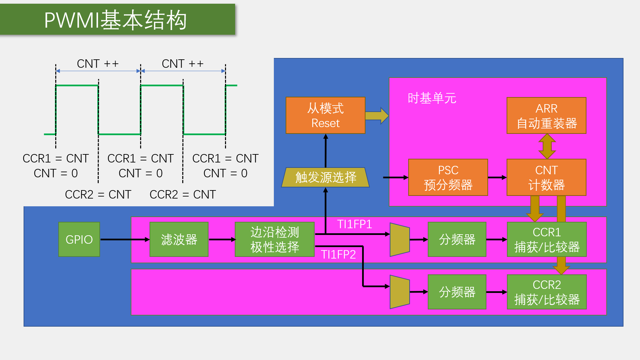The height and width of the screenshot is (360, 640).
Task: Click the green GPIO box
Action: click(79, 239)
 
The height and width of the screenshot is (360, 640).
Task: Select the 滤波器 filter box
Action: click(179, 239)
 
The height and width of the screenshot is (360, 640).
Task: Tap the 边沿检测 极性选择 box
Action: click(275, 239)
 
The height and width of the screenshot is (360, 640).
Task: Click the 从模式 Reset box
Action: click(325, 115)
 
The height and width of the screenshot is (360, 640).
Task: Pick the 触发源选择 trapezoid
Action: click(325, 177)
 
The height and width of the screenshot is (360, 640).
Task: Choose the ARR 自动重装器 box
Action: click(546, 115)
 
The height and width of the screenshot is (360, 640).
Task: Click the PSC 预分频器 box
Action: click(448, 177)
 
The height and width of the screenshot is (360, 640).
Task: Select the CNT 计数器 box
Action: click(546, 177)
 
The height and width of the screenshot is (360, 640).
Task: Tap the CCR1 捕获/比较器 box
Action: click(547, 239)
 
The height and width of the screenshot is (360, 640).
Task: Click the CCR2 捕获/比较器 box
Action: click(547, 292)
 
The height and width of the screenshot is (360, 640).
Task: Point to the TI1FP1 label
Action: click(354, 224)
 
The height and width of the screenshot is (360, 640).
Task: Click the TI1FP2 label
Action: click(338, 254)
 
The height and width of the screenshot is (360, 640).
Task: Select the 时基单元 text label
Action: click(432, 98)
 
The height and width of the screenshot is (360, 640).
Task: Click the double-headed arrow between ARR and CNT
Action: click(547, 146)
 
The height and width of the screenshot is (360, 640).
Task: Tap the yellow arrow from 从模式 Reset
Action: click(377, 116)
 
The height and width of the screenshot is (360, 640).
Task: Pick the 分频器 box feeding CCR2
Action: click(457, 292)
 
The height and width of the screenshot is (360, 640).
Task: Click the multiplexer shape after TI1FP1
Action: click(399, 239)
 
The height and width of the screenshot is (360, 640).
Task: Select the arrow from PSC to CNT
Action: click(497, 177)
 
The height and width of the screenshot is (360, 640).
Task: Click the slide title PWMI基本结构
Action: click(116, 20)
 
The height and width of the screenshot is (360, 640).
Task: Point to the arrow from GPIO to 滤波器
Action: click(125, 239)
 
